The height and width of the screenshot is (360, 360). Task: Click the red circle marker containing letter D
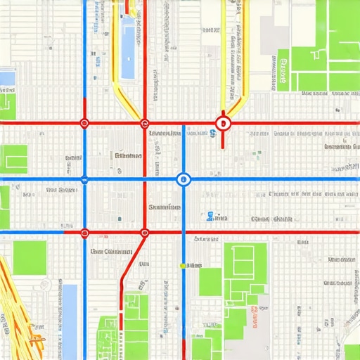(223, 124)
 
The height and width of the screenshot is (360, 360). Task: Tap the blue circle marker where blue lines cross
(184, 179)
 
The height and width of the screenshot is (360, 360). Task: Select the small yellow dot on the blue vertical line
(183, 266)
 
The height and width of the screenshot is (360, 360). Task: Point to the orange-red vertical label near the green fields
(252, 310)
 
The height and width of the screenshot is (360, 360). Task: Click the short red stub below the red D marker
(223, 140)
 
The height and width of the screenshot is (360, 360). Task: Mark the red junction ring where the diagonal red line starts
(145, 233)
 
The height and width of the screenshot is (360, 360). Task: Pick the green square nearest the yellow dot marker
(210, 281)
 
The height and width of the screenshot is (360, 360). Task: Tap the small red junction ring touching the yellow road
(145, 124)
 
